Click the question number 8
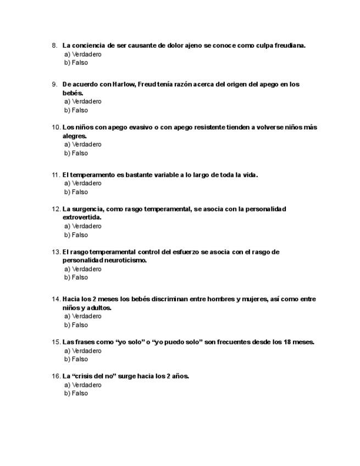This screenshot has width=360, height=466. [54, 46]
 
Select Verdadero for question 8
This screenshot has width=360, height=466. [83, 54]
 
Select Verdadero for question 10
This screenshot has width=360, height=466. [83, 145]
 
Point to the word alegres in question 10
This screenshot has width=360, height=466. [74, 136]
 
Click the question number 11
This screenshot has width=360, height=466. [56, 175]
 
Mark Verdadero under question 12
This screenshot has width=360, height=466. [83, 226]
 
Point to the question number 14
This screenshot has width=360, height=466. [56, 299]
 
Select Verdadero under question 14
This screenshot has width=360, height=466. [83, 316]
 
